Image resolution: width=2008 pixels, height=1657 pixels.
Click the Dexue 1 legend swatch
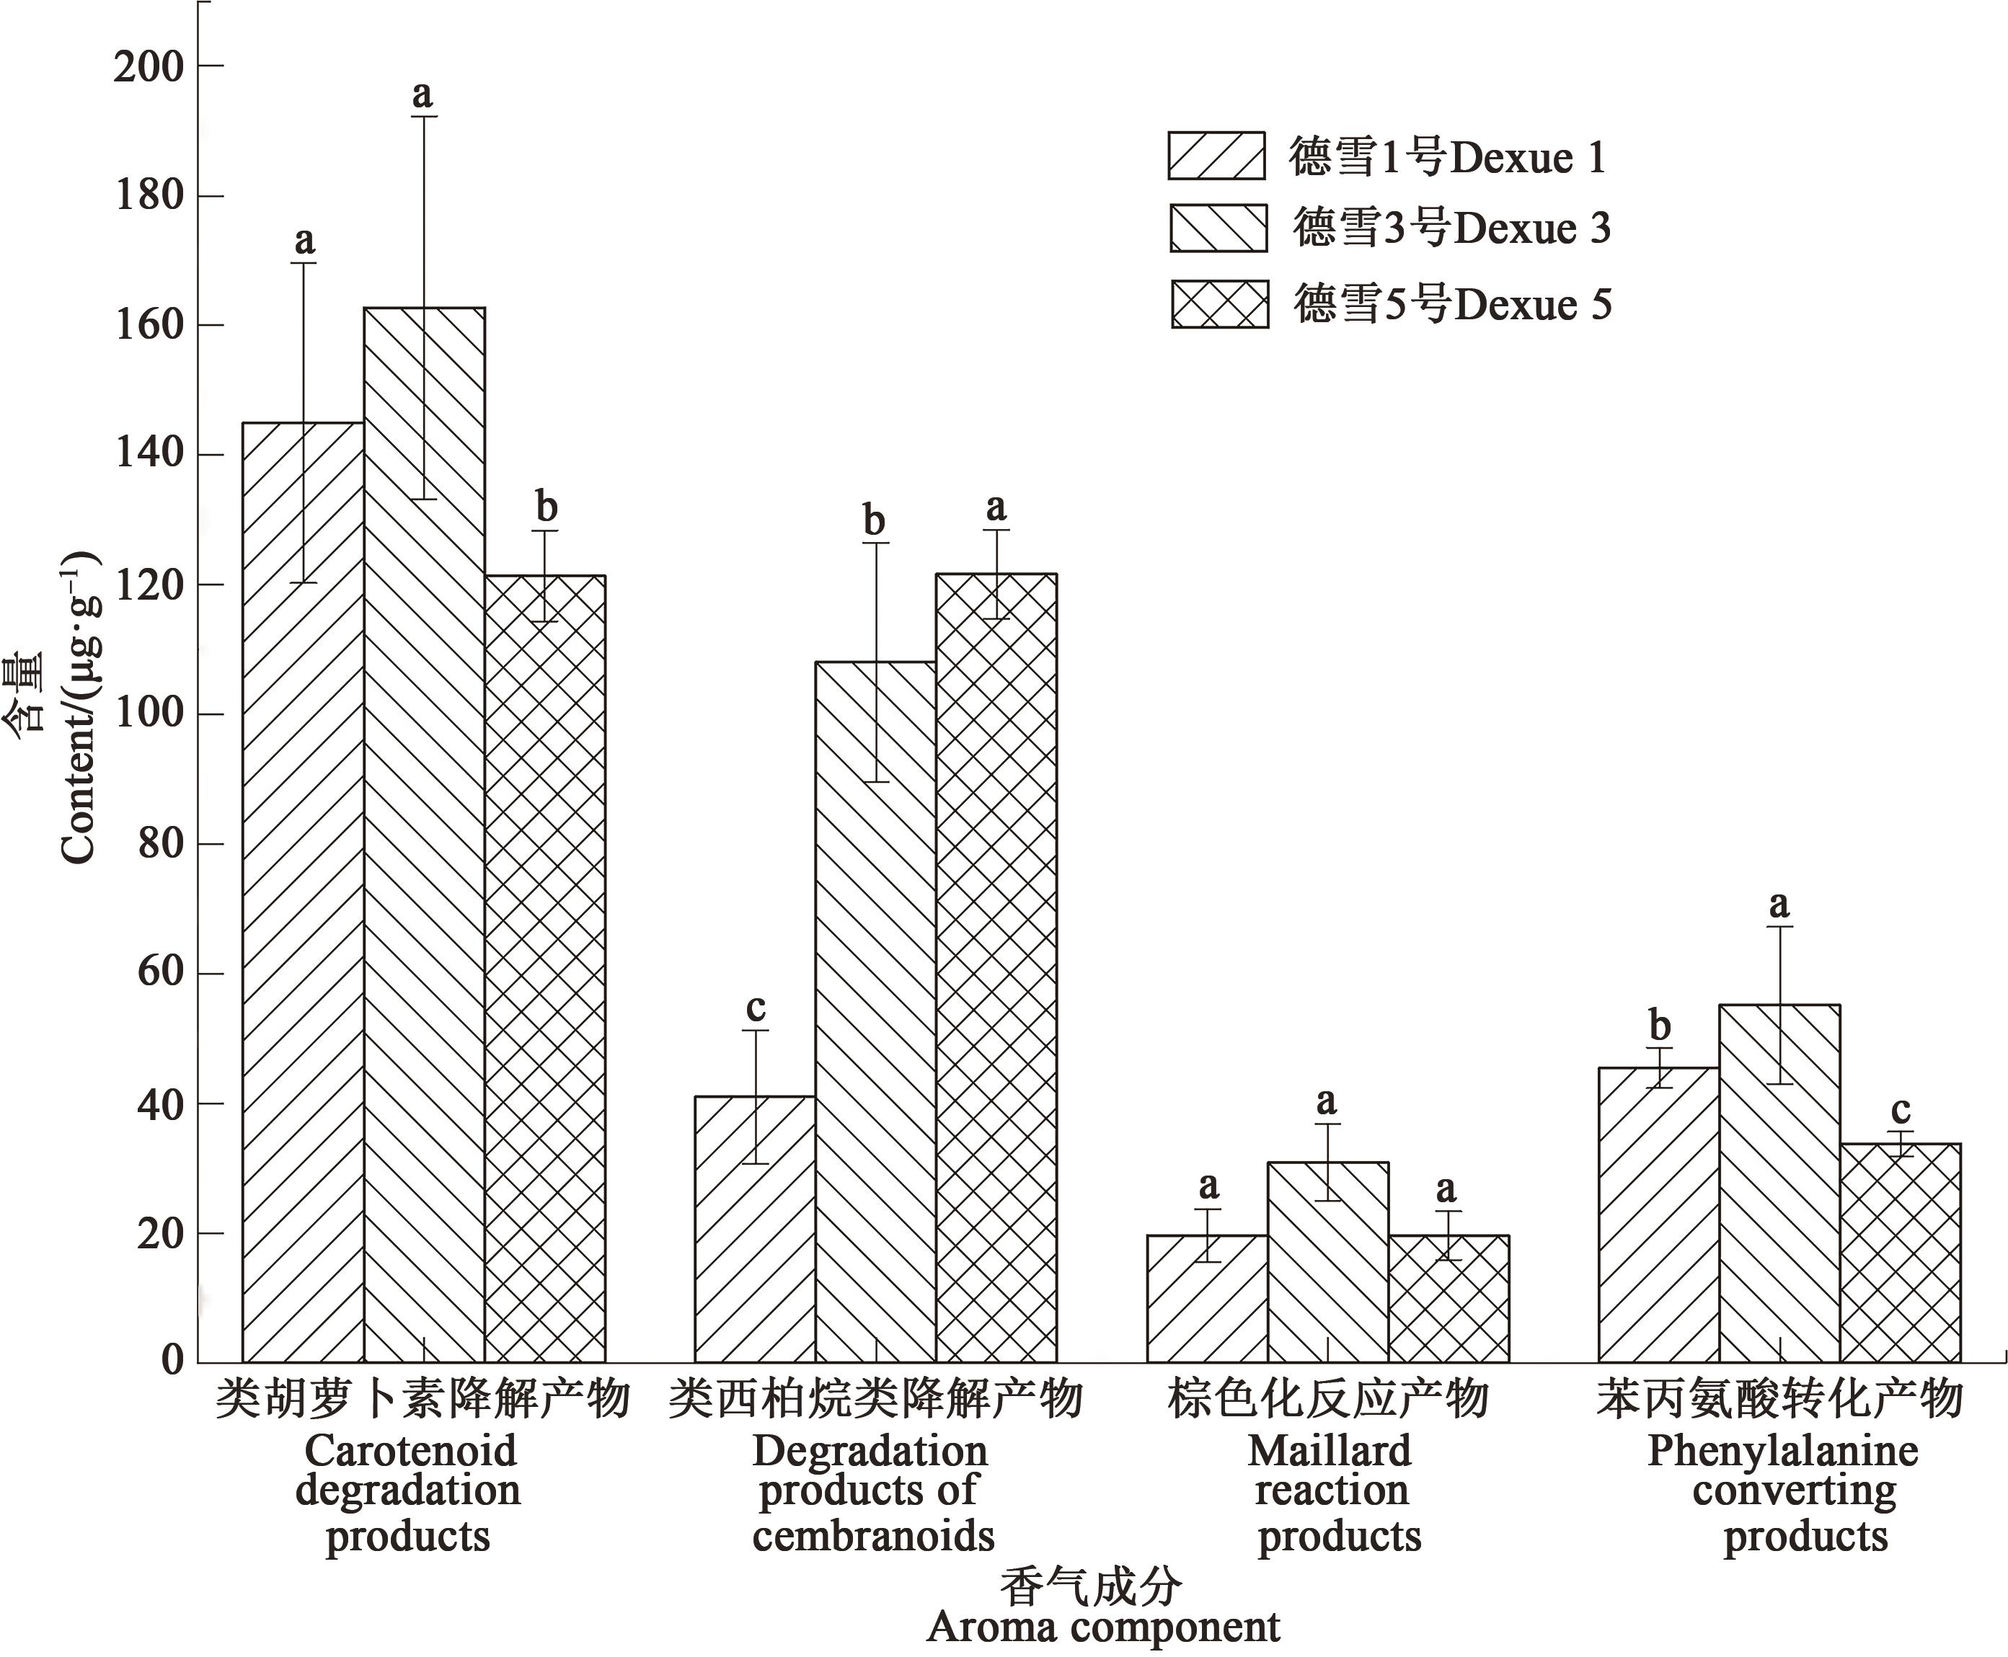click(1216, 156)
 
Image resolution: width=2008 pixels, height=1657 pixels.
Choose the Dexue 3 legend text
click(1451, 228)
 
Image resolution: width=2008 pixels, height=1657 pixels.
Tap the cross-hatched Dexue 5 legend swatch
click(1219, 304)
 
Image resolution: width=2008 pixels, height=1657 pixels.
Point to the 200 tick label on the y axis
click(148, 67)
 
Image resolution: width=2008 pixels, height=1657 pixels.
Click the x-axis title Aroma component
click(1103, 1627)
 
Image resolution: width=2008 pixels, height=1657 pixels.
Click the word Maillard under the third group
click(1328, 1452)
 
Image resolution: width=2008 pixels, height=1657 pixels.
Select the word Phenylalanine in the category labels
click(1782, 1452)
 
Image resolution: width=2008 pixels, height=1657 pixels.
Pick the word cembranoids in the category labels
click(872, 1536)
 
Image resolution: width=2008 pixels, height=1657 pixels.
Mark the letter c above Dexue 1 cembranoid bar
click(756, 1007)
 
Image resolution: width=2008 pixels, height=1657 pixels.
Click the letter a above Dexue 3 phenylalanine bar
click(1779, 903)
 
